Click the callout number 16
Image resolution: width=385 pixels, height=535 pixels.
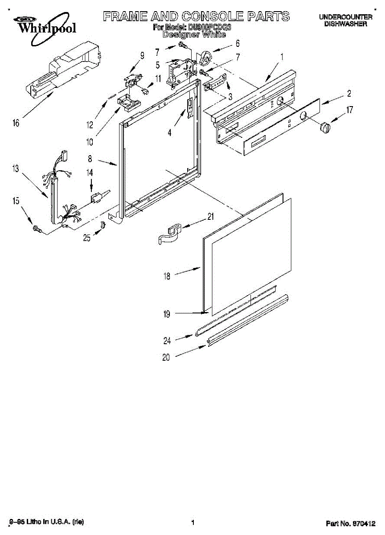coord(16,123)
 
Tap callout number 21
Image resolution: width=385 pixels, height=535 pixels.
coord(211,217)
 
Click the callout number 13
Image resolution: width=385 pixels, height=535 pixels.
coord(16,168)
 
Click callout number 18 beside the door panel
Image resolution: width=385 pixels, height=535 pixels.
coord(167,276)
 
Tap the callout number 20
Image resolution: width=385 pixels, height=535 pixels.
coord(166,357)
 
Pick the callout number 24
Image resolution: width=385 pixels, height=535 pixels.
coord(167,341)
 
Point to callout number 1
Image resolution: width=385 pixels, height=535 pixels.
coord(282,57)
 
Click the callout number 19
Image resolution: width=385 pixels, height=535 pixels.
coord(167,314)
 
